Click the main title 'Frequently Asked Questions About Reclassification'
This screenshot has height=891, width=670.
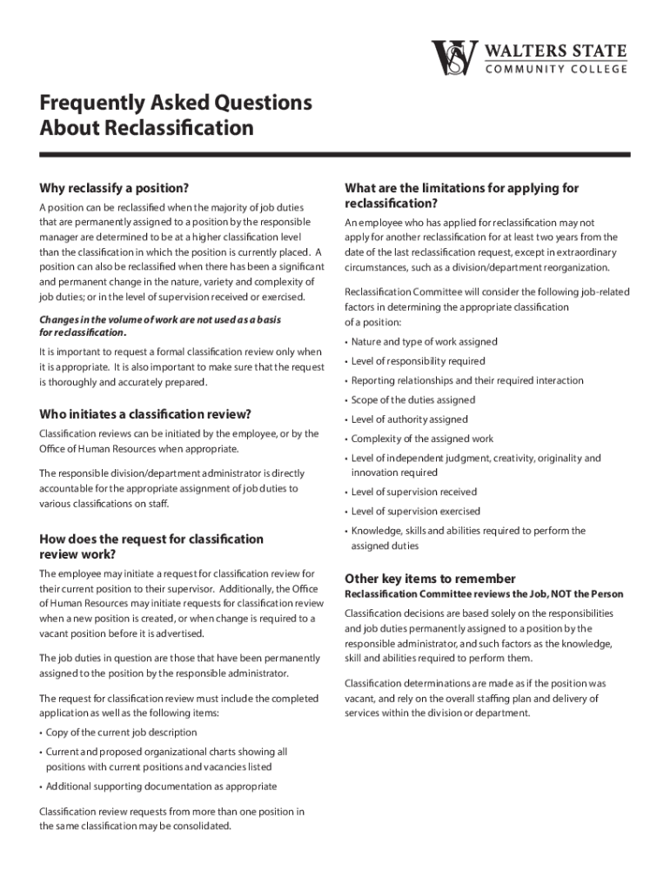pyautogui.click(x=175, y=116)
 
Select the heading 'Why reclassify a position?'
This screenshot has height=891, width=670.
pyautogui.click(x=114, y=188)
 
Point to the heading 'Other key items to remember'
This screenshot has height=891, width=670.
pyautogui.click(x=430, y=579)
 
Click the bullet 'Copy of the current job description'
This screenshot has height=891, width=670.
pyautogui.click(x=121, y=732)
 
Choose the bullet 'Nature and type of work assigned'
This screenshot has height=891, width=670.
pyautogui.click(x=424, y=342)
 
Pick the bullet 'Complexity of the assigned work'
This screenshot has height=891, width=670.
pyautogui.click(x=422, y=439)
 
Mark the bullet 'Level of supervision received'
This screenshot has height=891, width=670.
pyautogui.click(x=413, y=492)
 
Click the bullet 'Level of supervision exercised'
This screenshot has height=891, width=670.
pyautogui.click(x=415, y=512)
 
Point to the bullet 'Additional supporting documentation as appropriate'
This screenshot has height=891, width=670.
pyautogui.click(x=161, y=787)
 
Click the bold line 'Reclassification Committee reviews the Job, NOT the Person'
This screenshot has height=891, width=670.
pyautogui.click(x=484, y=594)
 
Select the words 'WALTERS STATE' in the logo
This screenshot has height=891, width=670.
pyautogui.click(x=555, y=50)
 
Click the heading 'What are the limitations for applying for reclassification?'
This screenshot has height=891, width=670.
pyautogui.click(x=461, y=196)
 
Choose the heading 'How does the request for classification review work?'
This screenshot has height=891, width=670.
pyautogui.click(x=151, y=546)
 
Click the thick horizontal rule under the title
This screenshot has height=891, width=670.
pyautogui.click(x=334, y=155)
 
